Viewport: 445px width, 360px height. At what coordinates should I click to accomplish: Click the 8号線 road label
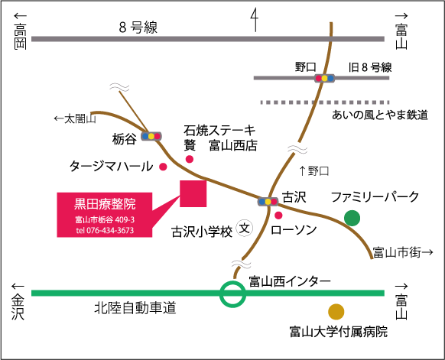(138, 28)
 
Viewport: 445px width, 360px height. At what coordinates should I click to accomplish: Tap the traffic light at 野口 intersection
(324, 78)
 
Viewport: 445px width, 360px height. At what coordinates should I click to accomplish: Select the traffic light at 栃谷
(151, 136)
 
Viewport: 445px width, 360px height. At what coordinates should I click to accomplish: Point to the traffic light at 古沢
(268, 202)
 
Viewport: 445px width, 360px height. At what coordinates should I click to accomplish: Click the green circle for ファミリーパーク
(352, 218)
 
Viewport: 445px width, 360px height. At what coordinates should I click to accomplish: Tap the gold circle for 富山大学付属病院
(336, 312)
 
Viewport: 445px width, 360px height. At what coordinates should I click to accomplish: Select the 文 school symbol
(245, 228)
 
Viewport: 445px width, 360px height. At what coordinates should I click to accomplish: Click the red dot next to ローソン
(278, 216)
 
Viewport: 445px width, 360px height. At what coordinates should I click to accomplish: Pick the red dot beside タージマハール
(163, 167)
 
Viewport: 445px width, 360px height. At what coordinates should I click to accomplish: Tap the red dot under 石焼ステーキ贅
(190, 159)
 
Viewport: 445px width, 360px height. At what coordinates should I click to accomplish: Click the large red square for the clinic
(193, 194)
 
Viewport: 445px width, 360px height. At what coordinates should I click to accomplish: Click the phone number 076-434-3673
(110, 230)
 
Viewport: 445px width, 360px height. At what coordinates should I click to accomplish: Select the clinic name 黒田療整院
(105, 204)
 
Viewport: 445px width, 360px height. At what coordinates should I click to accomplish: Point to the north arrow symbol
(255, 20)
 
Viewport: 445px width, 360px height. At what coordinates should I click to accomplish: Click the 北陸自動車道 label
(135, 308)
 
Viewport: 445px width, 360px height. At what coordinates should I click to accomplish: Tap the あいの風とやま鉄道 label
(380, 115)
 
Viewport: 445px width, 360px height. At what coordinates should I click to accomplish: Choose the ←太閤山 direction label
(75, 118)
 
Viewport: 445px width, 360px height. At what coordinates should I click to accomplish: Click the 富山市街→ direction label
(403, 252)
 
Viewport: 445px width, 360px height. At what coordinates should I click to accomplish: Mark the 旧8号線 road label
(370, 67)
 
